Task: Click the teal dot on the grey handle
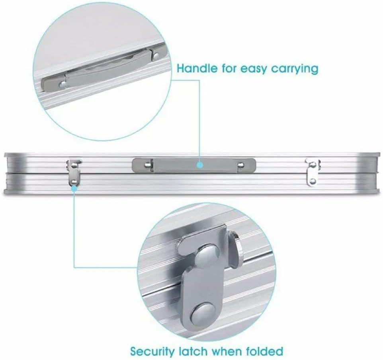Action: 200,165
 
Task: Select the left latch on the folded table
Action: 74,172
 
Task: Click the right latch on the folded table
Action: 313,172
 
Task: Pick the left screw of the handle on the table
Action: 147,165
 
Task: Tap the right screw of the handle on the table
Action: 241,165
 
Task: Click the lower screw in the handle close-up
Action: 63,85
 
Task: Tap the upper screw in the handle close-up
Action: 156,56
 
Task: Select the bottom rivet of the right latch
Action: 313,181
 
